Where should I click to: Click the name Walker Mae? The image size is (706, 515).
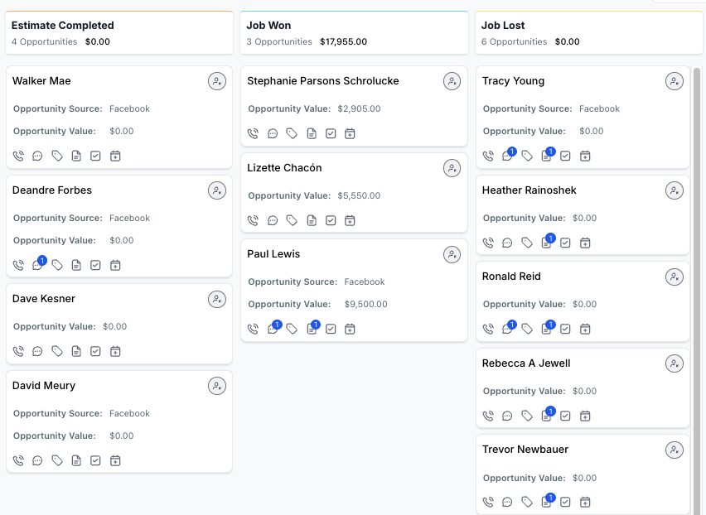click(41, 81)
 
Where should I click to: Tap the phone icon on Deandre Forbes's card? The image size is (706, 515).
click(18, 266)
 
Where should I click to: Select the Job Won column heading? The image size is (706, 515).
click(268, 25)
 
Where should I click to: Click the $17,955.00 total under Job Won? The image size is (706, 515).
click(344, 42)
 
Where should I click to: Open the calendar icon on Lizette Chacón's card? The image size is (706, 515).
click(350, 220)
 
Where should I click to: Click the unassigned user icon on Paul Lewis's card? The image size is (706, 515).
click(452, 254)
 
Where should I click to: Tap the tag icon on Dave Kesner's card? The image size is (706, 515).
click(56, 351)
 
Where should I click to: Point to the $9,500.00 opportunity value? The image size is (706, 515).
click(365, 304)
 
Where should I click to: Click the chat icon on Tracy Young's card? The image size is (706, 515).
click(507, 156)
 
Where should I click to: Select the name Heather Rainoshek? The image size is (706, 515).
click(529, 190)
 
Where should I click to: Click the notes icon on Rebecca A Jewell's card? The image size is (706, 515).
click(546, 416)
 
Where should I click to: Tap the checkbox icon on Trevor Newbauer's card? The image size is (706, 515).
click(565, 502)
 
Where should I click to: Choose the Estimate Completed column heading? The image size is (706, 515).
click(63, 25)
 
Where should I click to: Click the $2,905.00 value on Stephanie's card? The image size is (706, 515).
click(359, 108)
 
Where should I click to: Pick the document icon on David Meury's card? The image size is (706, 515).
click(76, 460)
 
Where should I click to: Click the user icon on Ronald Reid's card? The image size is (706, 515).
click(674, 277)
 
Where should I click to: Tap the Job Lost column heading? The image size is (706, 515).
click(503, 25)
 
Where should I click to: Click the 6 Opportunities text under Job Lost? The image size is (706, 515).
click(514, 42)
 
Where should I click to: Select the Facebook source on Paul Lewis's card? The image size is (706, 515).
click(365, 282)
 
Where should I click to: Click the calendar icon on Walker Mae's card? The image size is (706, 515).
click(115, 156)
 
